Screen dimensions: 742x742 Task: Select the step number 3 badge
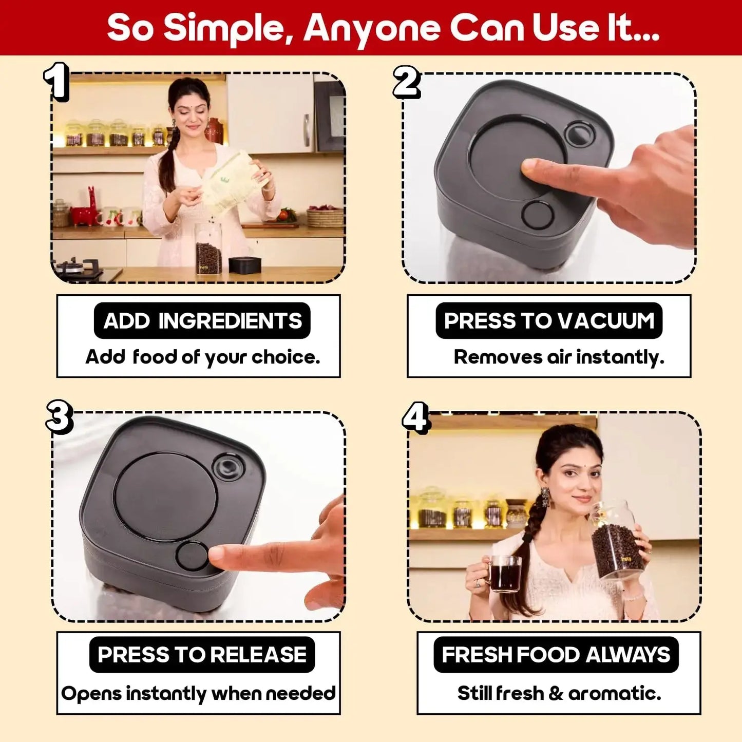coord(59,416)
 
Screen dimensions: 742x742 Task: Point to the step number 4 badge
coord(415,417)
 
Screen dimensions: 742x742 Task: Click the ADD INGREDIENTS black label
coord(202,321)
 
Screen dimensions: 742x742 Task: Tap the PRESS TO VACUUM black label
coord(549,321)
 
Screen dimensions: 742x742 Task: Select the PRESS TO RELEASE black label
coord(202,655)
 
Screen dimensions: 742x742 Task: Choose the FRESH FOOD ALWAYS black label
coord(556,655)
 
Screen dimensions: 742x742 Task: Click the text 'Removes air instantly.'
coord(559,357)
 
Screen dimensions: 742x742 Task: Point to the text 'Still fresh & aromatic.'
coord(559,693)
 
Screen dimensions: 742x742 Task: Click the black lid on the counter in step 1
coord(245,265)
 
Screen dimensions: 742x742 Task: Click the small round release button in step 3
coord(192,556)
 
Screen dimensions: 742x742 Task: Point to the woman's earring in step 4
coord(545,497)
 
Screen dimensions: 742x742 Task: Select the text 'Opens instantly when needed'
coord(198,693)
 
